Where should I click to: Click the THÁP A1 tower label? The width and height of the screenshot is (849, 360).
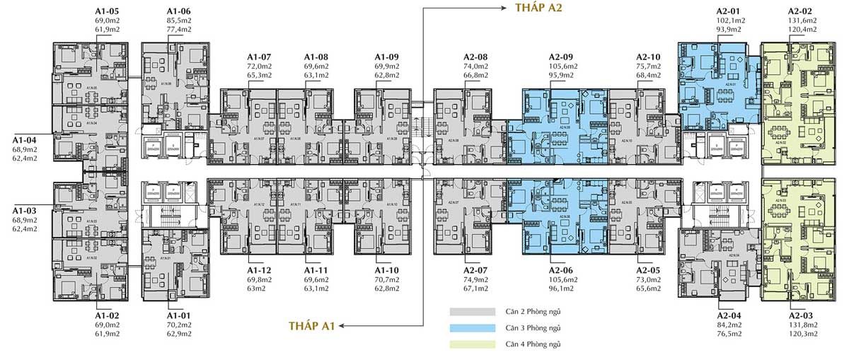(x=312, y=325)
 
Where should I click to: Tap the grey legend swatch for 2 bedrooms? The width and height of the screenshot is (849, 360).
(x=472, y=311)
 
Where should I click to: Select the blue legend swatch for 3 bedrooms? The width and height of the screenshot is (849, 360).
(x=472, y=327)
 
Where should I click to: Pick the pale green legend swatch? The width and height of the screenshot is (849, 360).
(x=472, y=344)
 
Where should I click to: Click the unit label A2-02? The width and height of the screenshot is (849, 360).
(x=802, y=12)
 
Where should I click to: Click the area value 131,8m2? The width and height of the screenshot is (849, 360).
(x=802, y=325)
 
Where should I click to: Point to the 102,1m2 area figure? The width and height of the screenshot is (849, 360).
(x=730, y=21)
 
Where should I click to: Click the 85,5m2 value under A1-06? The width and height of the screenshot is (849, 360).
(x=179, y=21)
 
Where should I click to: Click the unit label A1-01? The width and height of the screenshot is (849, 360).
(x=179, y=315)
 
